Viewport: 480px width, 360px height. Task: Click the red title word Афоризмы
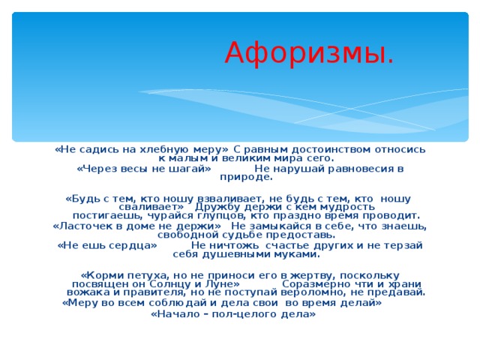point(308,52)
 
